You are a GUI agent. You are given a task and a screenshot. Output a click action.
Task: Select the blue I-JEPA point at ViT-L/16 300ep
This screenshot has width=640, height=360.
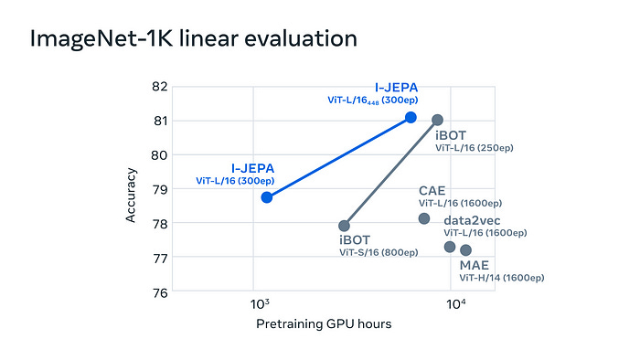click(x=267, y=196)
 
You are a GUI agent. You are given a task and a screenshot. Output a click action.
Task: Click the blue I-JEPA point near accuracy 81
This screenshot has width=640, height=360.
click(x=411, y=117)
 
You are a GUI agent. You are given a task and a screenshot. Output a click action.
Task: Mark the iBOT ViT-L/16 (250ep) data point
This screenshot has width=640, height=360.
click(x=437, y=120)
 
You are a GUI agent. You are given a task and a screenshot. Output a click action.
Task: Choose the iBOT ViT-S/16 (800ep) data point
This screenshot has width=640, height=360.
click(x=345, y=225)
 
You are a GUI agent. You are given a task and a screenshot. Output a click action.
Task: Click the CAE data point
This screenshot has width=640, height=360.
click(x=424, y=218)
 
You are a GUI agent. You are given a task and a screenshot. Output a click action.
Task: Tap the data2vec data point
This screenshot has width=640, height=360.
click(x=450, y=247)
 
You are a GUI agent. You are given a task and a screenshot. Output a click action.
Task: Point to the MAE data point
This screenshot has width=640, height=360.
click(x=465, y=249)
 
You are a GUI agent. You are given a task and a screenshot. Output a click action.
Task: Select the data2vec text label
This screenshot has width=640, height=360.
click(x=472, y=220)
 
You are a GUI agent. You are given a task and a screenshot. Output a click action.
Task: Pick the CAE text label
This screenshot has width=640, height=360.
click(x=432, y=190)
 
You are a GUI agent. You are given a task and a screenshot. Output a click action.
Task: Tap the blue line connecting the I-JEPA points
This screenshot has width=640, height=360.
click(x=338, y=157)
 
